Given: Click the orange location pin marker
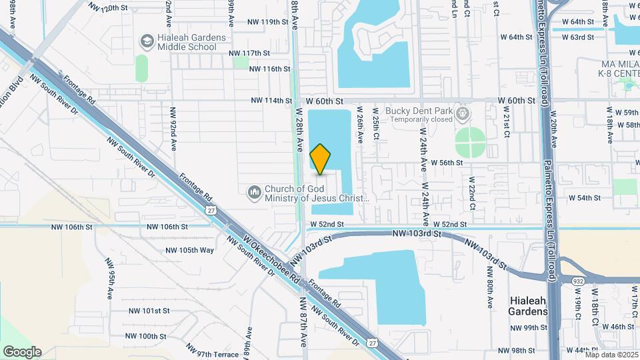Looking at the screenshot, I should [321, 159].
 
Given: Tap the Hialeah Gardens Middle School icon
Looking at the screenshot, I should [145, 42].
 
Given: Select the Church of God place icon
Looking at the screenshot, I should [254, 193].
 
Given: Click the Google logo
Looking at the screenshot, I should [22, 351].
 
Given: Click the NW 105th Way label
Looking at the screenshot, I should [190, 250].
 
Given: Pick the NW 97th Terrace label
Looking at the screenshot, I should [213, 351].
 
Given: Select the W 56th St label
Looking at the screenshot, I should [447, 162].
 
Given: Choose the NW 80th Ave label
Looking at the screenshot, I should [490, 287].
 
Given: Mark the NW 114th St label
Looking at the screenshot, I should [271, 101].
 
